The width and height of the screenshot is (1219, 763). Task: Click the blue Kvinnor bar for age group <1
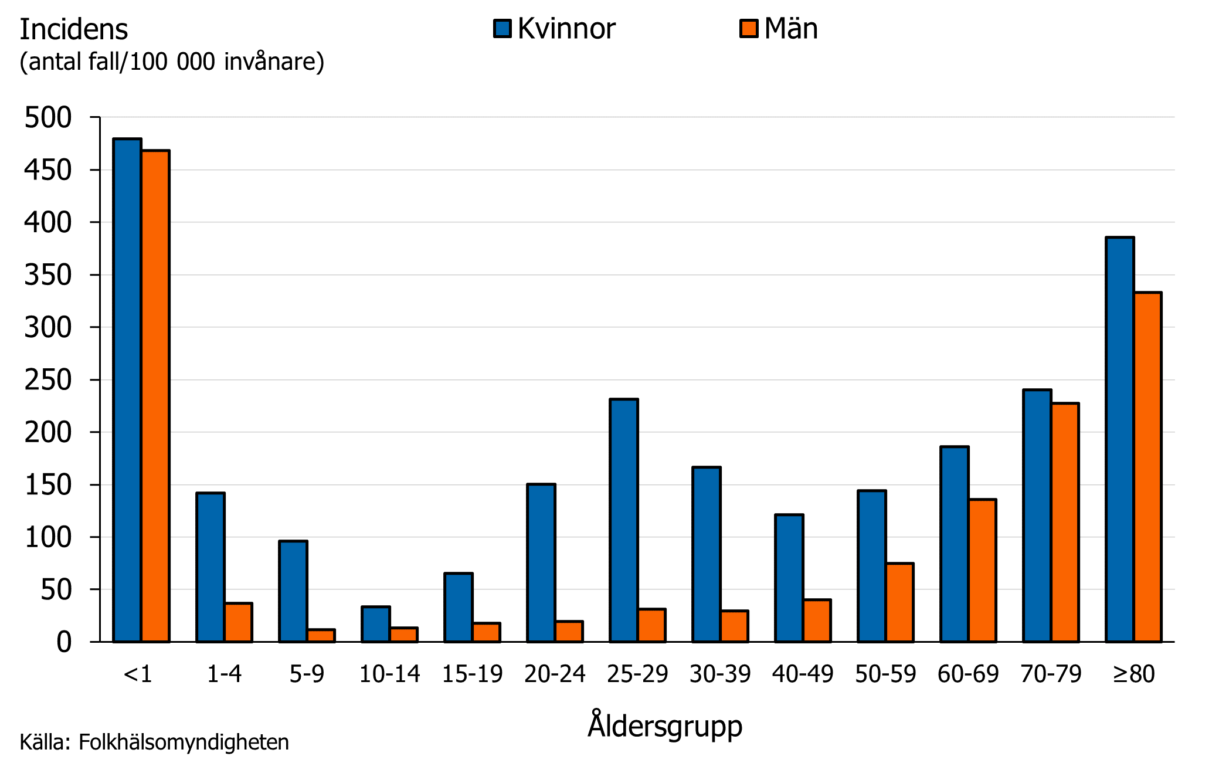127,390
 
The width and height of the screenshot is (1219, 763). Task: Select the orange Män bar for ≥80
1147,467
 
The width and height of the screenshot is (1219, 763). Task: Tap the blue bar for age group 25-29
624,520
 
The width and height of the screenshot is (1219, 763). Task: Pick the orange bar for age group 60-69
982,570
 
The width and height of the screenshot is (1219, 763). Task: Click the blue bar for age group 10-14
376,624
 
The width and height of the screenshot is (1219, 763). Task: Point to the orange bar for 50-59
899,602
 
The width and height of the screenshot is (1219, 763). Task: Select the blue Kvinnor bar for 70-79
1037,516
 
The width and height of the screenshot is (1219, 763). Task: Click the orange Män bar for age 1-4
238,622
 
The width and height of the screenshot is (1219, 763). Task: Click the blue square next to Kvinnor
502,28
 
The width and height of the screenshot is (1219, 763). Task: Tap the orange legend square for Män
749,28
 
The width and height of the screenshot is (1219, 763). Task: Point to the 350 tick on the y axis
47,275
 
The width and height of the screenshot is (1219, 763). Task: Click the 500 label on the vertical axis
47,118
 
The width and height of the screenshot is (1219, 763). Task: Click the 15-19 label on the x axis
472,674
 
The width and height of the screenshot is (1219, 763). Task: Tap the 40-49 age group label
803,674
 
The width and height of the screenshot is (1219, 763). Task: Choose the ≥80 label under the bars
1133,674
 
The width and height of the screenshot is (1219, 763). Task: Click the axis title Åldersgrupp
665,726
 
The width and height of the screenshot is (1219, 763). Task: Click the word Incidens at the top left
73,29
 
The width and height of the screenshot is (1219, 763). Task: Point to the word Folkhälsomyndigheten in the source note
184,742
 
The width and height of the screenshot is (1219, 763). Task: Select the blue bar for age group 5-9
293,591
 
